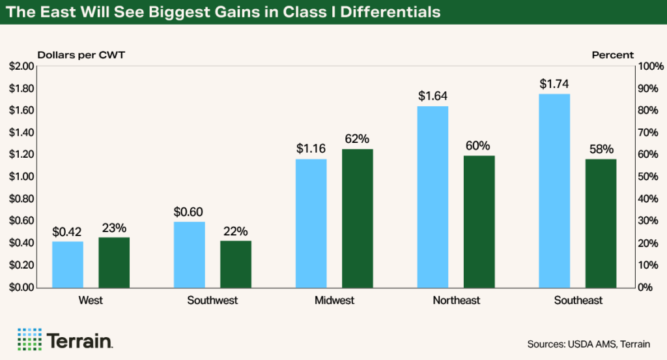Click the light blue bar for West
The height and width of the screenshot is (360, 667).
pos(68,264)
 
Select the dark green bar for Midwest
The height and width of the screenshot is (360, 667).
pos(358,218)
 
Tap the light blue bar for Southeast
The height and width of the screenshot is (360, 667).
pos(554,190)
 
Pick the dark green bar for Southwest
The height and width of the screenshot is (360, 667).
pos(236,264)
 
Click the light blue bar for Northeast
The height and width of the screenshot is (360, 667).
pos(433,196)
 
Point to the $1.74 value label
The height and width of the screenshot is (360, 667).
pos(554,84)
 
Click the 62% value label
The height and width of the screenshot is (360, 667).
pos(358,139)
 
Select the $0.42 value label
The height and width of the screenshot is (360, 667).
pos(68,232)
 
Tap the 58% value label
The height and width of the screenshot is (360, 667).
pos(601,149)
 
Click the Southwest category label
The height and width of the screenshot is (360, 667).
pos(212,301)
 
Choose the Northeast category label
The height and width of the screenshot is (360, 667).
pos(456,301)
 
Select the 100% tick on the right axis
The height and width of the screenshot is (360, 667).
pos(651,67)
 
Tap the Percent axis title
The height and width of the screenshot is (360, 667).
pos(612,55)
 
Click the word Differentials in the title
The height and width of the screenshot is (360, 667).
pos(393,12)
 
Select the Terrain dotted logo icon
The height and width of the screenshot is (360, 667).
pos(29,339)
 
